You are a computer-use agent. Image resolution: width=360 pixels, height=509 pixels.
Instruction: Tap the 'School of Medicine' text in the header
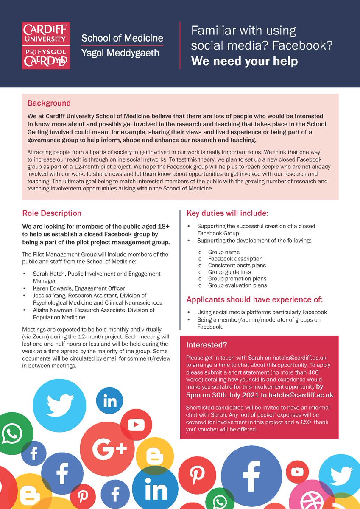point(122,38)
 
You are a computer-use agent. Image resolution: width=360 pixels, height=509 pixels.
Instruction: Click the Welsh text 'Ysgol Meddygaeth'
point(120,53)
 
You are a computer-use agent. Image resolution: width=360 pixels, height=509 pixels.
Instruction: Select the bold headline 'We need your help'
point(244,61)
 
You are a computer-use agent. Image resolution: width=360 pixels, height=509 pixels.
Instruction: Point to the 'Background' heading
point(49,103)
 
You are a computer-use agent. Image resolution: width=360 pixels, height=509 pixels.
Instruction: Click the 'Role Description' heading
point(52,213)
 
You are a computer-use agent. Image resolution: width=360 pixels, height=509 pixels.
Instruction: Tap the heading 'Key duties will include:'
point(227,213)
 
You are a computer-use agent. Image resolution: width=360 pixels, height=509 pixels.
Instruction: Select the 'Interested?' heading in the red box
point(207,345)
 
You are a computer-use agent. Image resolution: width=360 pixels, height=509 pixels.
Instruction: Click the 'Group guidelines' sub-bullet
point(229,272)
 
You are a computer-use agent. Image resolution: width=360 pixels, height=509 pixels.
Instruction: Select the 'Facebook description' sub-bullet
point(235,258)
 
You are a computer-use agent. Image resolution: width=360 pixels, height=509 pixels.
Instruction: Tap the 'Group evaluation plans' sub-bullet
point(237,285)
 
